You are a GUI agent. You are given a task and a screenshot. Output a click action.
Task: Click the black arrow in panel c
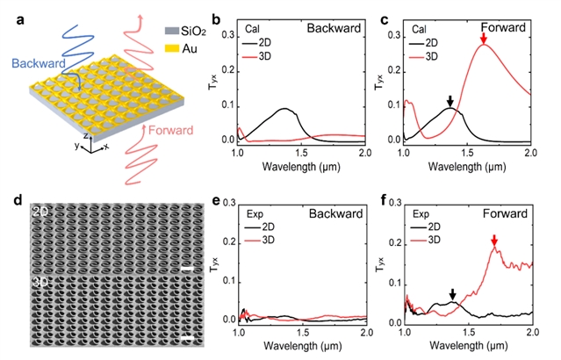[x=450, y=102]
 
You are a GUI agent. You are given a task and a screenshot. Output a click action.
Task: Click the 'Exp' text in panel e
[x=251, y=212]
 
